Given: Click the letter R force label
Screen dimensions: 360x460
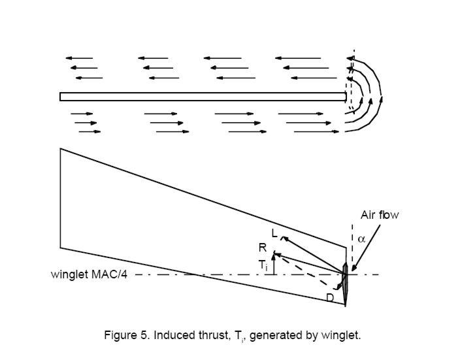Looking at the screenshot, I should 262,248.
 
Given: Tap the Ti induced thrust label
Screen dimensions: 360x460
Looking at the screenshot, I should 263,265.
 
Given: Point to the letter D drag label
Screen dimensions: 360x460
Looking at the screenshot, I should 331,298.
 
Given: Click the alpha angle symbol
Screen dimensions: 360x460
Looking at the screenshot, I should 361,239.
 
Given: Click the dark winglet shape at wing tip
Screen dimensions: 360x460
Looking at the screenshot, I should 345,281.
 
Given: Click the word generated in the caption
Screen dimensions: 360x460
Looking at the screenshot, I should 280,335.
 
